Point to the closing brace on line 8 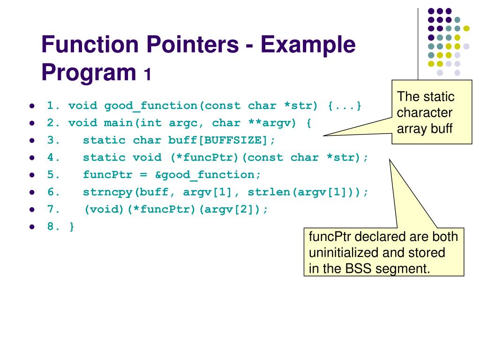(72, 227)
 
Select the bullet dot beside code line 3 (32, 141)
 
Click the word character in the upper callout (425, 112)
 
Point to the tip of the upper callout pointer (324, 135)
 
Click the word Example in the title (307, 45)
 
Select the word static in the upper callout (440, 97)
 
